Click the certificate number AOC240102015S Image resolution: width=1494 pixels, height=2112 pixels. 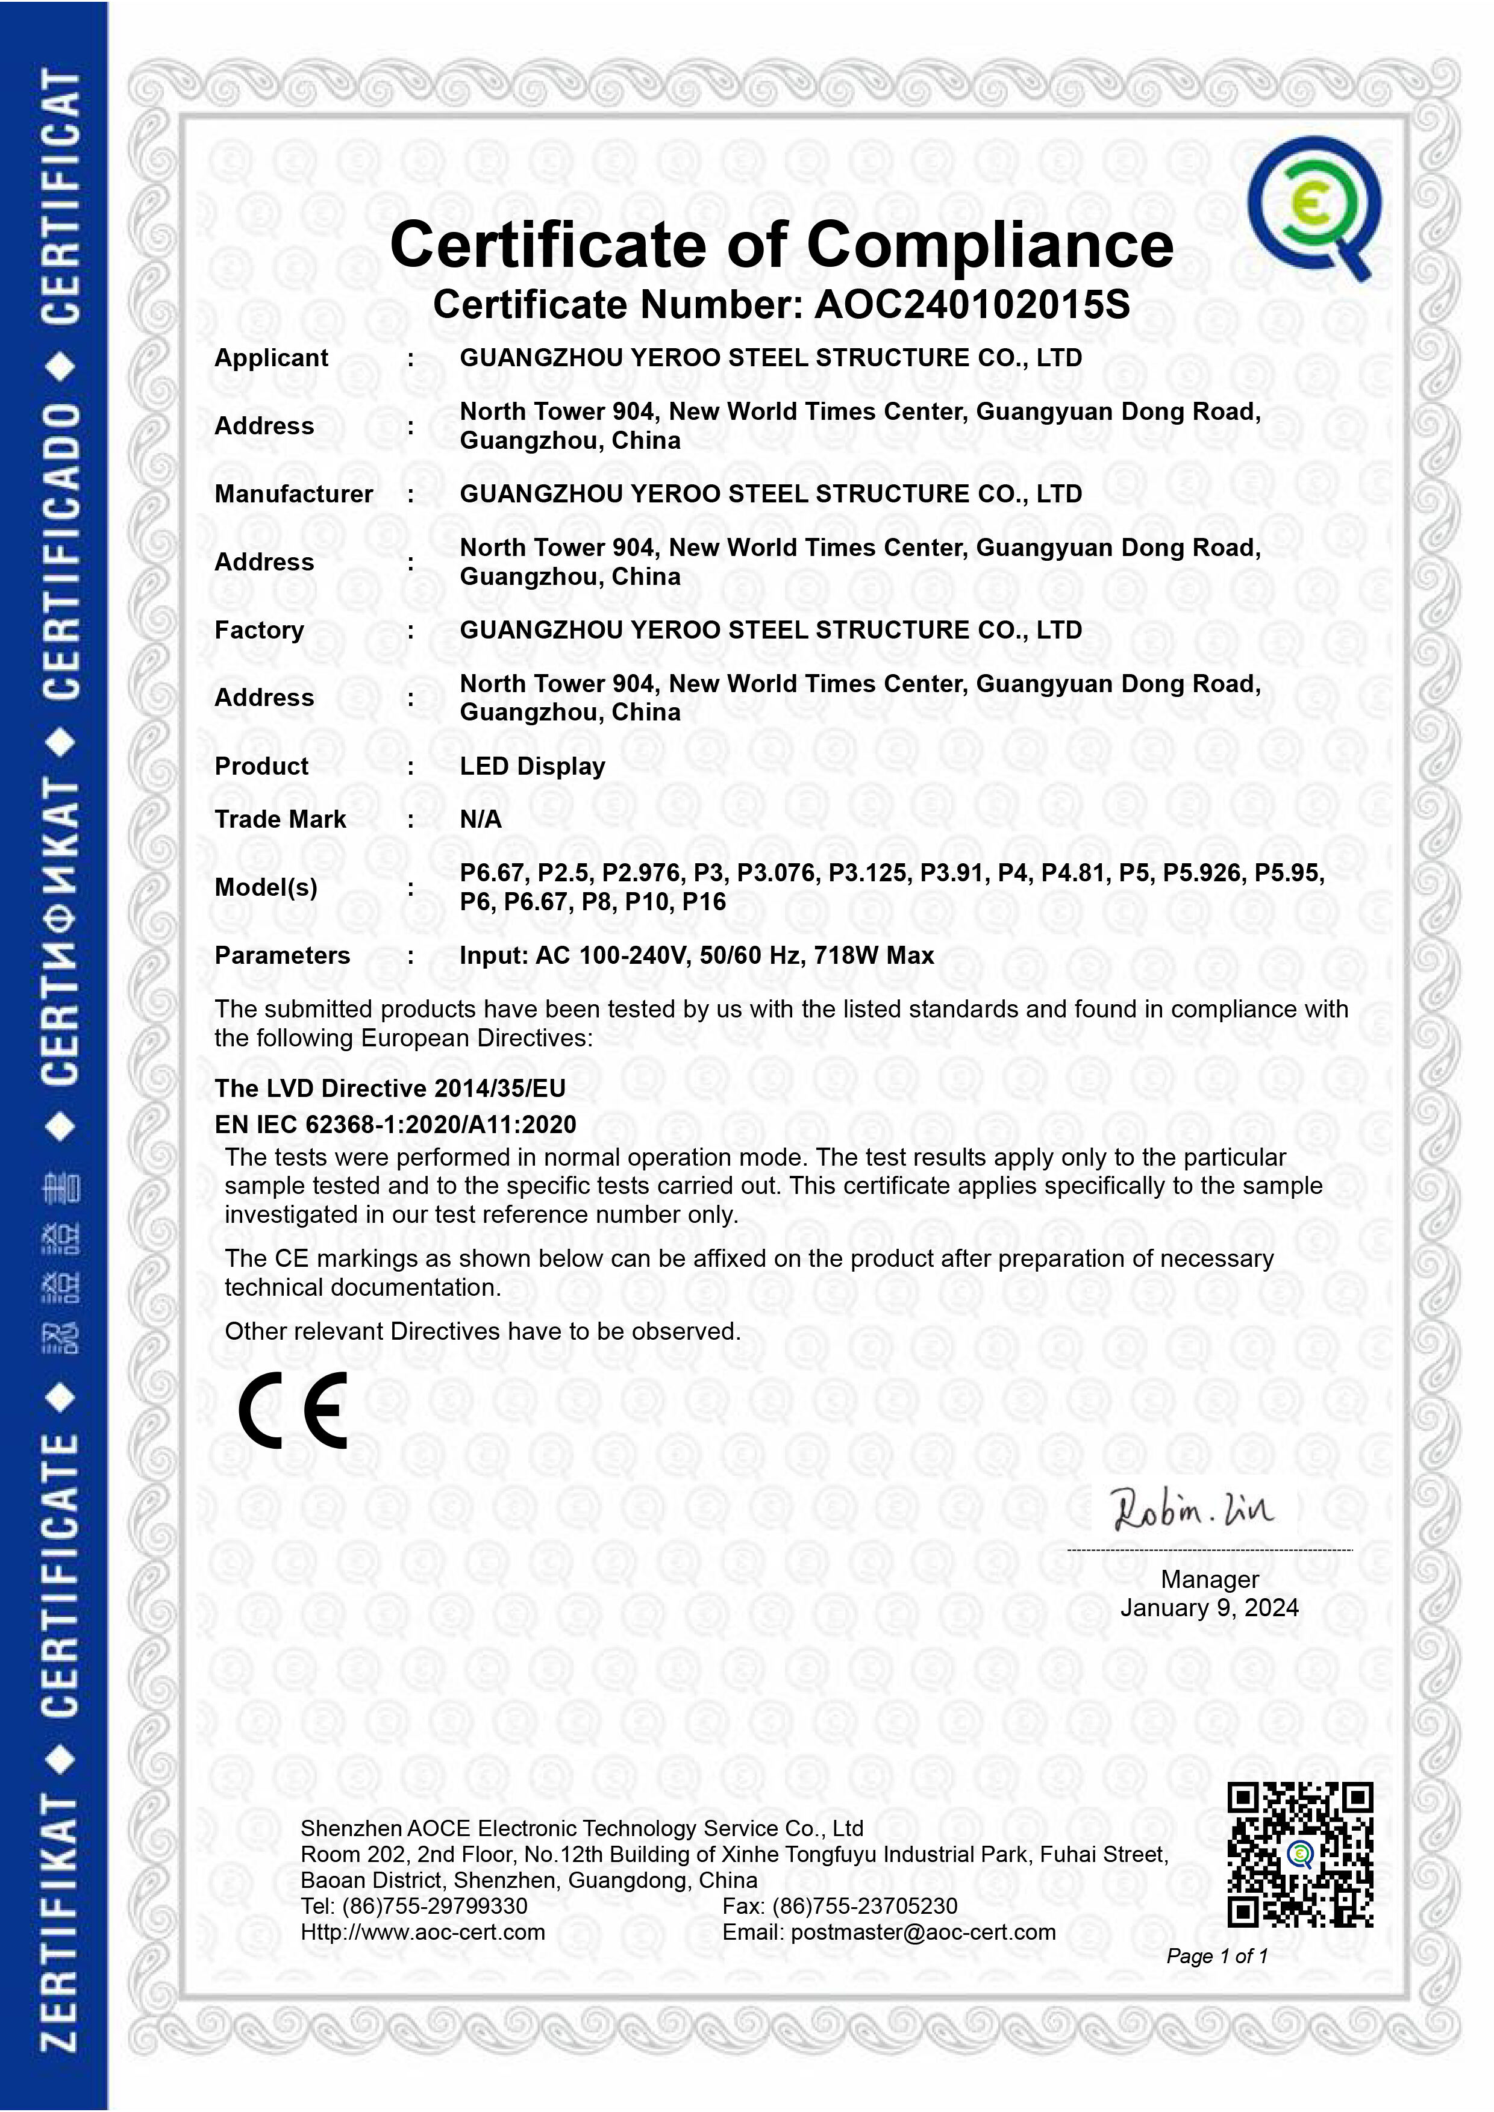point(972,304)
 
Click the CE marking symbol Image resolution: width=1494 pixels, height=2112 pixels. point(293,1410)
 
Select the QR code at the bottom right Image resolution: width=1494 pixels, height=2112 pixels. point(1300,1854)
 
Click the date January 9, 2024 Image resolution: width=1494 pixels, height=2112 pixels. point(1209,1607)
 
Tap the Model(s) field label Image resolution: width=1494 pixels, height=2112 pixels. point(265,888)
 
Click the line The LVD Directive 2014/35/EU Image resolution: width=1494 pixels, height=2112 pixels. point(389,1088)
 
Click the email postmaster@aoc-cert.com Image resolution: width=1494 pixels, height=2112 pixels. point(923,1932)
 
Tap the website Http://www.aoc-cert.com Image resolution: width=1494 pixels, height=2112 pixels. point(422,1932)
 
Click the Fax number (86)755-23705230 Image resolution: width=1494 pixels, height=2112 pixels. point(864,1906)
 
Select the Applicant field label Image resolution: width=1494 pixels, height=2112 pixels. point(270,358)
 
